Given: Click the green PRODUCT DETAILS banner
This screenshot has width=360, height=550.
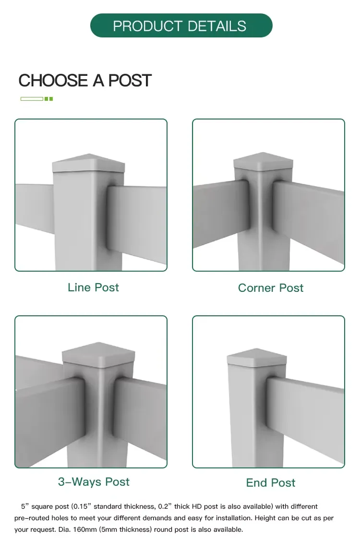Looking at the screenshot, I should pos(181,25).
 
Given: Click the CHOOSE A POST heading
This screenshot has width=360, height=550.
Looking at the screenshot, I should pos(85,81).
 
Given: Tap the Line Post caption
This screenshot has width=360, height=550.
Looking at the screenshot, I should pos(93,287).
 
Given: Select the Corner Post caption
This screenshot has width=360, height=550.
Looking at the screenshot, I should pos(271,288).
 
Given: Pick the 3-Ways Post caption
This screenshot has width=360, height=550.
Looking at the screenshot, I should pos(94,482).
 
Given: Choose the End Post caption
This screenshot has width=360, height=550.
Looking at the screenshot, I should pos(271,483).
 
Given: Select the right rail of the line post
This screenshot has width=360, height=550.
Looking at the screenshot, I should pos(137,221).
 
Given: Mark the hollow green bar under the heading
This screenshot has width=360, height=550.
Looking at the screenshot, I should pos(32,99).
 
